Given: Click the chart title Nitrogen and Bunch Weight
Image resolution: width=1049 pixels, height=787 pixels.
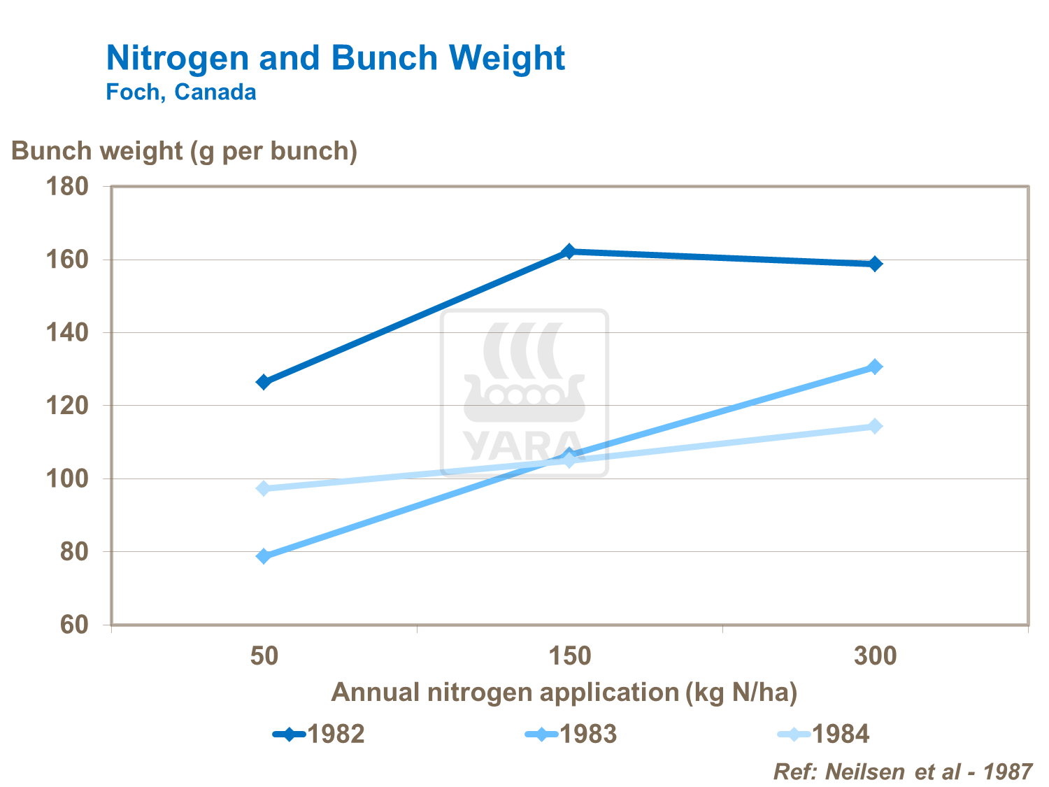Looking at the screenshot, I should (x=335, y=58).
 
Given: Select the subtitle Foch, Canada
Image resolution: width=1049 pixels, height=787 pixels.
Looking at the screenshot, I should (x=180, y=92).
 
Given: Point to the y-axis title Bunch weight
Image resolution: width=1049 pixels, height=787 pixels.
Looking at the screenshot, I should (x=184, y=151).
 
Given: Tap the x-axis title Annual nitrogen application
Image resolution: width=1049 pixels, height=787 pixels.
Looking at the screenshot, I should (x=564, y=692).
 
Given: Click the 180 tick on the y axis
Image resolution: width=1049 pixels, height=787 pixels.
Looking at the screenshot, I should (x=67, y=187).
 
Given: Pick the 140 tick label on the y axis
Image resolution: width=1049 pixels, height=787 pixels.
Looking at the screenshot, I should (x=67, y=333).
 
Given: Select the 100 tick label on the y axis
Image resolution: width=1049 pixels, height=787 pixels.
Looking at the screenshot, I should (x=67, y=479).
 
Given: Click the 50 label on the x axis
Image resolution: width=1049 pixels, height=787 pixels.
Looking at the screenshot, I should (x=264, y=656).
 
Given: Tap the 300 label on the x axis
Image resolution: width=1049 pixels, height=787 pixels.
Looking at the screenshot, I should (x=875, y=656).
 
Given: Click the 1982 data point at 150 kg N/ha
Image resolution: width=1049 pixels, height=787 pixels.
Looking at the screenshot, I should (x=569, y=251).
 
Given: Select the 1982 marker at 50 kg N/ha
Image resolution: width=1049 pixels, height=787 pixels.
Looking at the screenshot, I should (x=264, y=382).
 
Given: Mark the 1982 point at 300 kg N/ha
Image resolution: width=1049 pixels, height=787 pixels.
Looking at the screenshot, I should (x=875, y=264).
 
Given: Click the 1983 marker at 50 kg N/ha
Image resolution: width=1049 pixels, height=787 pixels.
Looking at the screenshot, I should (x=264, y=556).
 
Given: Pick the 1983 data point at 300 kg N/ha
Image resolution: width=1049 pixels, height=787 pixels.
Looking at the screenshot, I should (x=875, y=367).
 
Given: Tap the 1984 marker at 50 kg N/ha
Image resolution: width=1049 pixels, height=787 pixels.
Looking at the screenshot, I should (x=264, y=488).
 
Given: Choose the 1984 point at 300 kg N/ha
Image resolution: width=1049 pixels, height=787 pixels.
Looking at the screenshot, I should (x=875, y=426).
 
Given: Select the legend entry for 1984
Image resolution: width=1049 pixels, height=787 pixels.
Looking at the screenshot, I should (x=825, y=734).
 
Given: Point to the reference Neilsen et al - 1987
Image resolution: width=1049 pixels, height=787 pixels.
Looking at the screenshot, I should (x=902, y=771).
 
